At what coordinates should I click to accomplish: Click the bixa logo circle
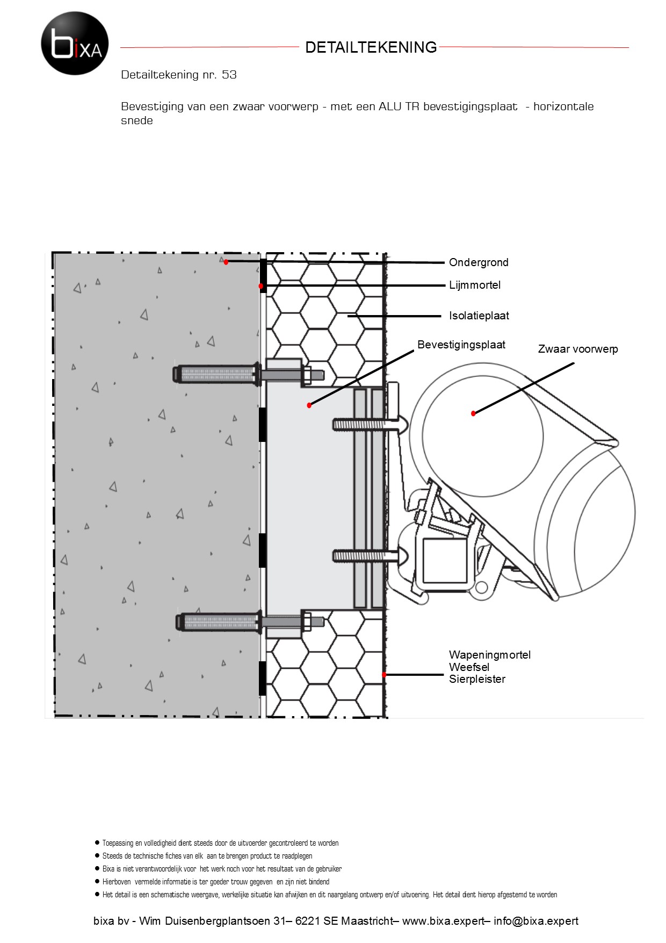click(x=75, y=43)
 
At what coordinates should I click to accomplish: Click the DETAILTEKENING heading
click(x=371, y=47)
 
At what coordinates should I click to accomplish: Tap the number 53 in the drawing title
click(x=229, y=75)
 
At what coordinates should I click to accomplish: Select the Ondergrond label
click(x=479, y=262)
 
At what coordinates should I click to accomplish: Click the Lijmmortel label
click(x=475, y=285)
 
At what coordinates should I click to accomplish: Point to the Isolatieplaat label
click(x=479, y=316)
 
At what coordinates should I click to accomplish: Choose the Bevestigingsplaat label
click(x=461, y=345)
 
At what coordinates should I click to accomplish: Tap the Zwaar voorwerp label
click(x=578, y=349)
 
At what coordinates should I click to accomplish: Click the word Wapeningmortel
click(x=490, y=655)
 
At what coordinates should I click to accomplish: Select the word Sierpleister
click(x=477, y=679)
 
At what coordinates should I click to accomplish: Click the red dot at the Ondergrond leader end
click(x=226, y=262)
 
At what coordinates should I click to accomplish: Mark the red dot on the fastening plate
click(x=309, y=405)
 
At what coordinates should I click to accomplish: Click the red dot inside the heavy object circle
click(x=473, y=413)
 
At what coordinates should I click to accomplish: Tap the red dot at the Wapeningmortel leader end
click(x=384, y=674)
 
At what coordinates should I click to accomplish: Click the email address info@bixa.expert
click(x=536, y=921)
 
